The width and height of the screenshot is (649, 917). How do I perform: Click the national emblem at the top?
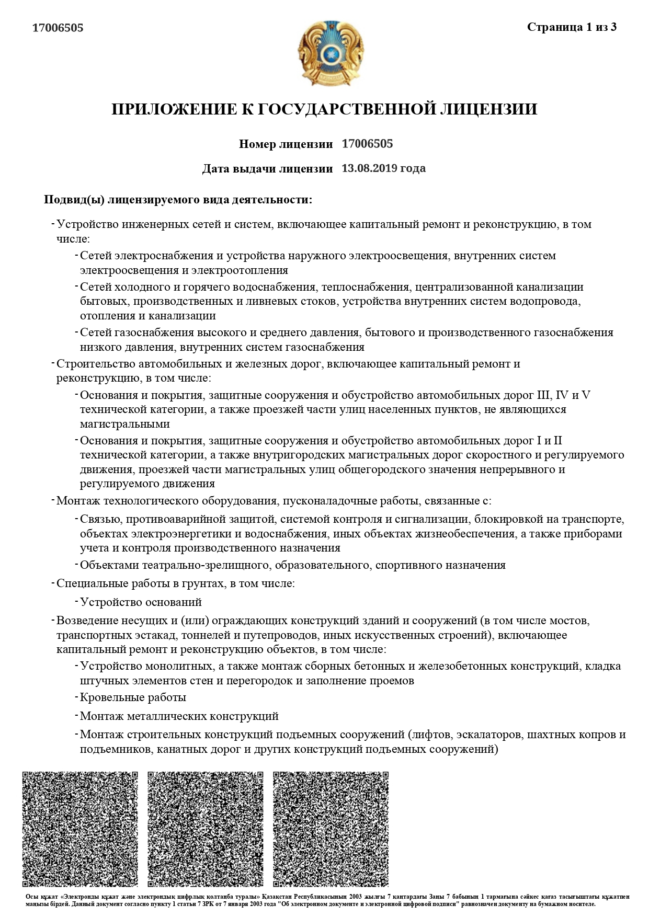coord(331,53)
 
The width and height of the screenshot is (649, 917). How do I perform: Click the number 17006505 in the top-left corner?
coord(58,28)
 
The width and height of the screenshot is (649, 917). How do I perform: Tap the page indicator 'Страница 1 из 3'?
coord(572,27)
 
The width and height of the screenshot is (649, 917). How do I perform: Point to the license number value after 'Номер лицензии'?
coord(367,144)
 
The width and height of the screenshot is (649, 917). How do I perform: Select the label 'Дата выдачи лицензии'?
coord(267,169)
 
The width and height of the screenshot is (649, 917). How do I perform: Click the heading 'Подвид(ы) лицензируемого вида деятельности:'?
coord(178,200)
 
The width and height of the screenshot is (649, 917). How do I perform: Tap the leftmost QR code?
coord(80,829)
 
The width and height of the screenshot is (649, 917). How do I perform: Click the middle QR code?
coord(206,829)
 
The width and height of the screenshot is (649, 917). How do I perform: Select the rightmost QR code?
coord(331,829)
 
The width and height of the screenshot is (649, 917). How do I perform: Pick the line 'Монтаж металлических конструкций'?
coord(179,716)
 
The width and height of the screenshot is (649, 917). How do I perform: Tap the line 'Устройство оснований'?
coord(141,602)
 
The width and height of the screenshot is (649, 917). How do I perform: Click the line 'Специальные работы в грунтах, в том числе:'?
coord(175,583)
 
